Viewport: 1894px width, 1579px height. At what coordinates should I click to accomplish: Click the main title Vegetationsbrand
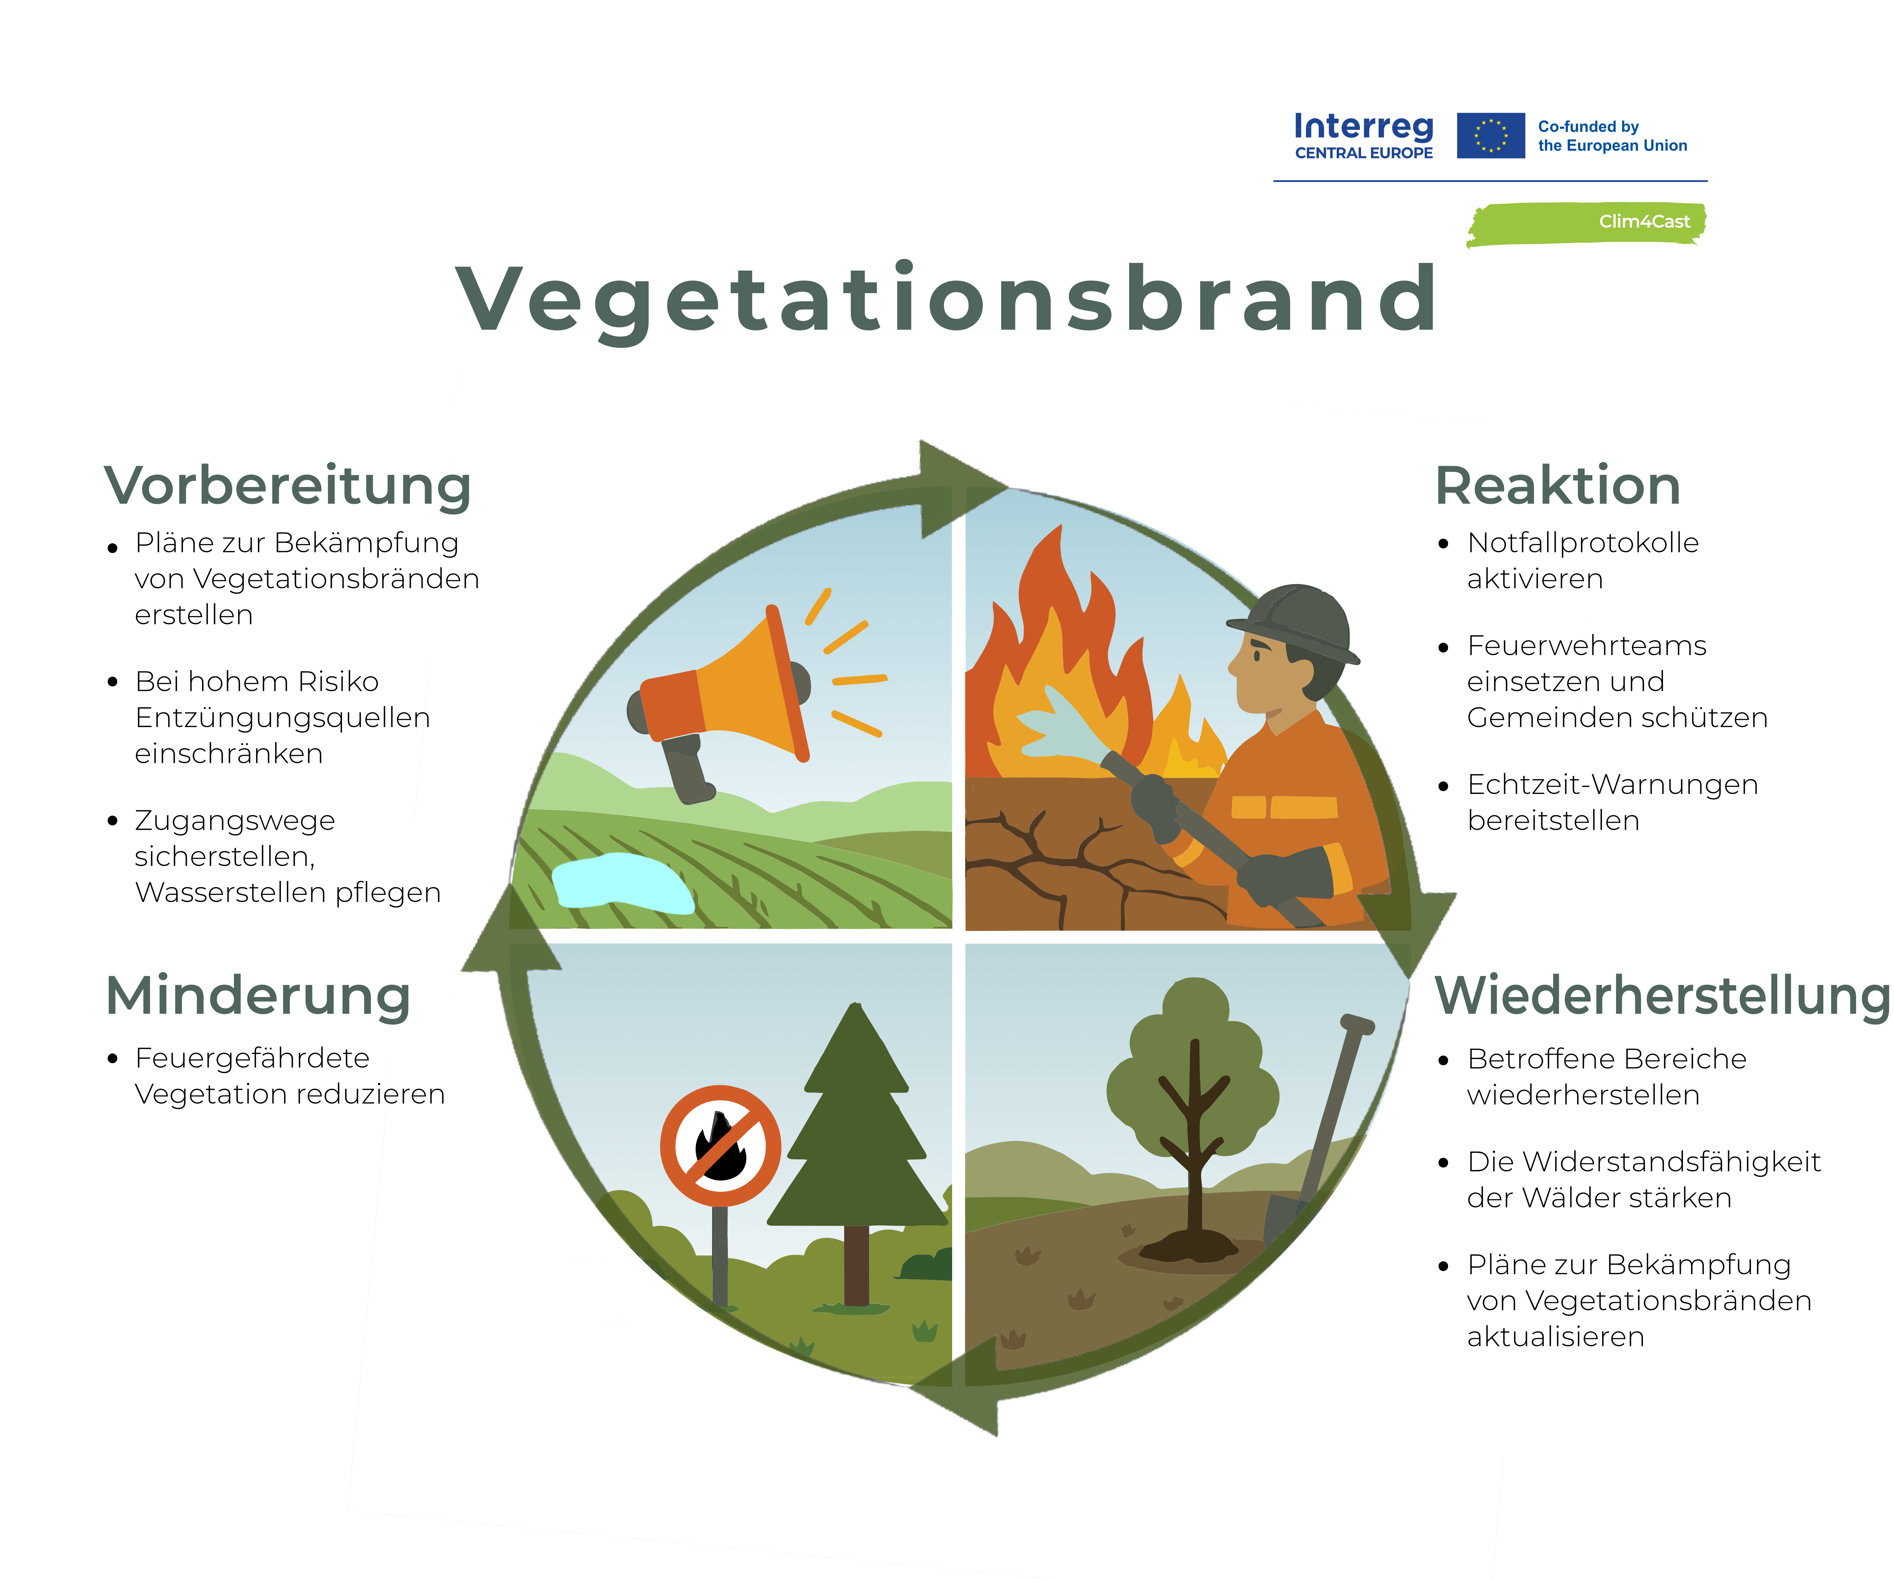(x=947, y=300)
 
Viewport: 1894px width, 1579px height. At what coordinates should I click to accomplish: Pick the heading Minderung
(x=258, y=996)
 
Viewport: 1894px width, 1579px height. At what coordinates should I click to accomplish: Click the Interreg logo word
(x=1364, y=126)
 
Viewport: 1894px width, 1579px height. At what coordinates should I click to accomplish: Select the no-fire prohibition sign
(x=721, y=1146)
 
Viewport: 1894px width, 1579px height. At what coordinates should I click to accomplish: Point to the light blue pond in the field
(x=622, y=883)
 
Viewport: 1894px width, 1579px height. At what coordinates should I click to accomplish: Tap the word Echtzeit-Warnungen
(x=1613, y=785)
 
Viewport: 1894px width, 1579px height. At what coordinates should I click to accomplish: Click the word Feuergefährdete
(x=253, y=1058)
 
